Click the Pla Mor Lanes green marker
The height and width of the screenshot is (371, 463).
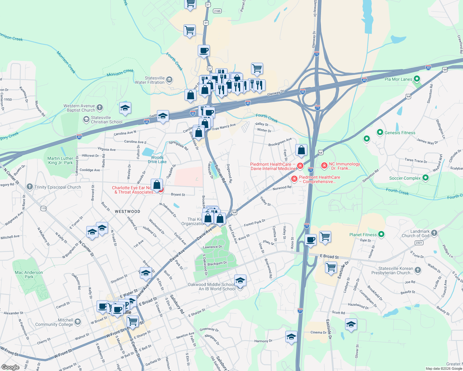point(417,79)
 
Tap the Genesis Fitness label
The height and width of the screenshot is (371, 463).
point(400,133)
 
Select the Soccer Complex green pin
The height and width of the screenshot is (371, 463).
point(426,178)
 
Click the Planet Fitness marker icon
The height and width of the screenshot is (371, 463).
point(381,234)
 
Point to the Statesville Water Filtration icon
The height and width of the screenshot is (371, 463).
point(169,79)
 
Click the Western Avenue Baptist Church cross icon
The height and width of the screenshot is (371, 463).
point(99,107)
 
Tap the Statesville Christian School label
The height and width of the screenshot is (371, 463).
point(106,120)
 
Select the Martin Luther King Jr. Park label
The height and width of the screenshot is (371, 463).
point(60,160)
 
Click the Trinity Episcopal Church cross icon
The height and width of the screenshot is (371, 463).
point(30,186)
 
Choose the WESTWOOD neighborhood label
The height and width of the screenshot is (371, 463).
point(128,211)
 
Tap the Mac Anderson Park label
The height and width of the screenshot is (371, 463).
point(29,275)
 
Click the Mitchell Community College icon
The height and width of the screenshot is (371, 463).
point(78,322)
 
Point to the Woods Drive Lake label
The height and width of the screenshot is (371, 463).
point(157,160)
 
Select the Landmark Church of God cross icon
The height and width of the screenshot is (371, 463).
point(434,233)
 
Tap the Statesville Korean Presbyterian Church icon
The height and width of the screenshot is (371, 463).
point(418,270)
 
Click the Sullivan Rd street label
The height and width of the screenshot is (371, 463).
point(220,174)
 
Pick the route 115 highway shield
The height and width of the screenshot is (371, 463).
point(43,208)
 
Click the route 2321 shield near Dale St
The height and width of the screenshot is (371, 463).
point(419,243)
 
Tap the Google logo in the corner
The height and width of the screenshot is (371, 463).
point(11,367)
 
